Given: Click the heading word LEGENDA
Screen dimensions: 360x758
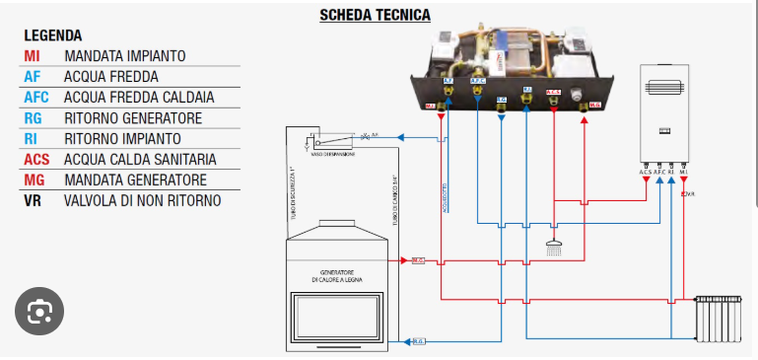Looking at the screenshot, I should tap(53, 36).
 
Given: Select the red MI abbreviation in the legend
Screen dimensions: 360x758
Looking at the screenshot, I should tap(32, 56).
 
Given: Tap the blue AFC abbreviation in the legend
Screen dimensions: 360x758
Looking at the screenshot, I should tap(36, 98).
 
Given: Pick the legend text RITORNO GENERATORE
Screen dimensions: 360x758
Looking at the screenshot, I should tap(133, 118).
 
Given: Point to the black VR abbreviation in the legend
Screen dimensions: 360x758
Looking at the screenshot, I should tap(33, 200).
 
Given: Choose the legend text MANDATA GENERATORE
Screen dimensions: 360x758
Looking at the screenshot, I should tap(135, 180).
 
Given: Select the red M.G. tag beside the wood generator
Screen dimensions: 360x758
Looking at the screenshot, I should tap(417, 261).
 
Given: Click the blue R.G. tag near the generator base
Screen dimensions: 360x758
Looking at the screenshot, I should tap(417, 341).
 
